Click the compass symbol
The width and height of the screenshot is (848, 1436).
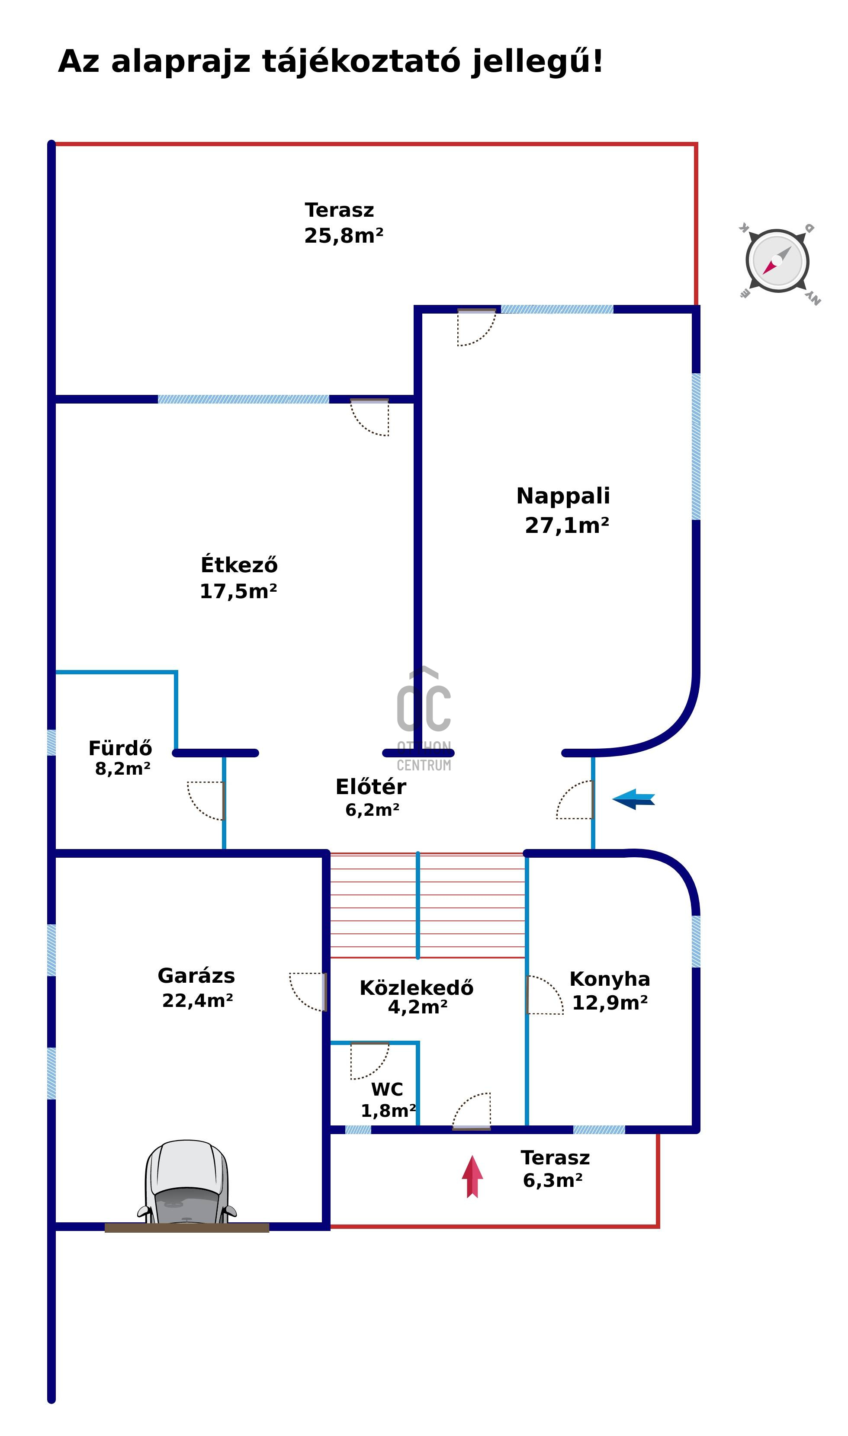777,261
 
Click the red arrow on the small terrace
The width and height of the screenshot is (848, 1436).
472,1176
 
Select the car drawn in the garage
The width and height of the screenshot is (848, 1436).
187,1183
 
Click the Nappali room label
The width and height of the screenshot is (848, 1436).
563,496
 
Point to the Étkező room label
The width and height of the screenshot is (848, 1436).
239,565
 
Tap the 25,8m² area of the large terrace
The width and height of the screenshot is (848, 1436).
344,235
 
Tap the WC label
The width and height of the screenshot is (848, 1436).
387,1089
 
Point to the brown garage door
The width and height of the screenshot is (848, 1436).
187,1228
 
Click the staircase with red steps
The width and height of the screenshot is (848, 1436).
427,905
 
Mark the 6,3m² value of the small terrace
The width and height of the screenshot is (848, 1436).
552,1180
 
